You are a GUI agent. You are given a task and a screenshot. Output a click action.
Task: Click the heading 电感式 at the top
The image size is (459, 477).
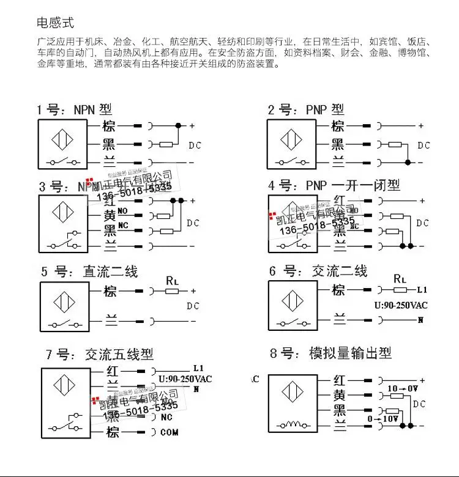click(56, 23)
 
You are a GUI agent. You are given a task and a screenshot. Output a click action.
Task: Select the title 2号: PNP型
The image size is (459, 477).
click(306, 110)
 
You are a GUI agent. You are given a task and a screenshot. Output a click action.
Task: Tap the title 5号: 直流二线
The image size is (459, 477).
click(89, 271)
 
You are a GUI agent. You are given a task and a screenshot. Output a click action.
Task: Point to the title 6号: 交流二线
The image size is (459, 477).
click(318, 271)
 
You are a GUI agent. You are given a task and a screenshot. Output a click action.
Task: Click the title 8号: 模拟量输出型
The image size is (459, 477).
click(330, 353)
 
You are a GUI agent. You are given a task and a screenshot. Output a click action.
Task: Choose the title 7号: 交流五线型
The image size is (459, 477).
click(99, 354)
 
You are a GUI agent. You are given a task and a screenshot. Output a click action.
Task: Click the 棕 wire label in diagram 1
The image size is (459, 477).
click(109, 127)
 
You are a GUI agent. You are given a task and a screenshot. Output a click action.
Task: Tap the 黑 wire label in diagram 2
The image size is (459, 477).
click(338, 145)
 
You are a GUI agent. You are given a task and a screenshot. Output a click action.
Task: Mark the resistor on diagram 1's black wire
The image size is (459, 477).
click(166, 145)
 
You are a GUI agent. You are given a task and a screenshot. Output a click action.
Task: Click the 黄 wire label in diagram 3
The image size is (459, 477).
click(110, 216)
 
